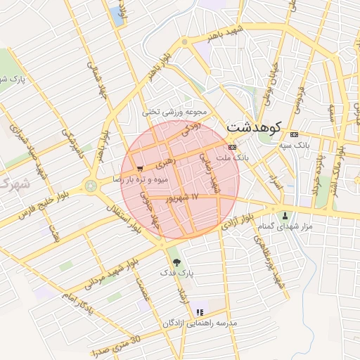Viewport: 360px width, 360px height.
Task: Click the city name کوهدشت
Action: (x=254, y=128)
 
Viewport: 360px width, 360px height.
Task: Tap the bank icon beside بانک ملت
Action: (x=232, y=146)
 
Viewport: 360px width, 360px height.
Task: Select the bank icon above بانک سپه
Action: (x=293, y=134)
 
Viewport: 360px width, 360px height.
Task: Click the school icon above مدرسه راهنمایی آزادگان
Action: (x=200, y=311)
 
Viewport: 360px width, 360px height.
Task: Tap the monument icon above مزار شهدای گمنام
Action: (x=285, y=216)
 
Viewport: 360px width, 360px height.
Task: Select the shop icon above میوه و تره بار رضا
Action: (x=141, y=169)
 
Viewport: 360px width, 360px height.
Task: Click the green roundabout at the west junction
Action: (x=90, y=186)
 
